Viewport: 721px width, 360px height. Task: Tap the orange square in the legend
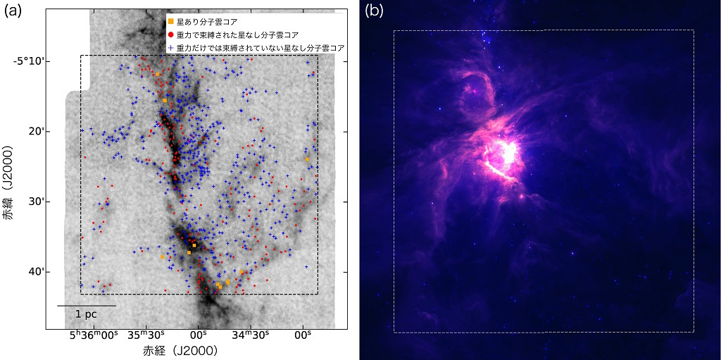tap(171, 22)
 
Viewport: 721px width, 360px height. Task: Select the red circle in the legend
tap(171, 34)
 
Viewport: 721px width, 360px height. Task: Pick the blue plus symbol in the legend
tap(171, 46)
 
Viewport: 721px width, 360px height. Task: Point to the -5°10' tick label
tap(30, 61)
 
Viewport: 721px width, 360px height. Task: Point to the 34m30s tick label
tap(251, 336)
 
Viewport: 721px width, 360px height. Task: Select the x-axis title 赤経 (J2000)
tap(180, 350)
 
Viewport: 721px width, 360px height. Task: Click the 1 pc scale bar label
tap(87, 315)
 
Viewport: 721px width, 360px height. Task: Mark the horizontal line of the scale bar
tap(86, 306)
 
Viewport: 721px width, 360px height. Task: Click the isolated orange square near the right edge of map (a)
tap(308, 159)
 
